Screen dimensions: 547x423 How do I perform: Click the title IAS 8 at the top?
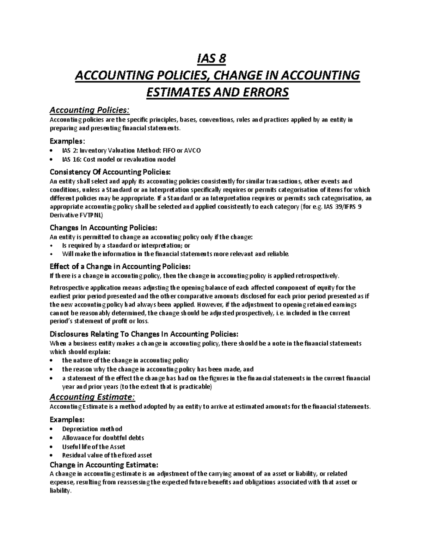(211, 58)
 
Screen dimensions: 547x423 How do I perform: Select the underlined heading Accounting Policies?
(90, 110)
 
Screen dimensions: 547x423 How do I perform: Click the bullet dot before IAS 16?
(52, 160)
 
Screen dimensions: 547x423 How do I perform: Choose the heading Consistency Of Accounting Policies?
(110, 172)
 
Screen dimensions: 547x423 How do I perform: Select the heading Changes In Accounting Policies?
(103, 228)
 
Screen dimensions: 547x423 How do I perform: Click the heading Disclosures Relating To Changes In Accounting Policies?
(144, 334)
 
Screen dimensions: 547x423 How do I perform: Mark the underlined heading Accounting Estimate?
(92, 397)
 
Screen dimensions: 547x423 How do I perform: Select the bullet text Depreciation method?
(92, 429)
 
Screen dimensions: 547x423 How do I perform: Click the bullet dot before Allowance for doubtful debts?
(52, 438)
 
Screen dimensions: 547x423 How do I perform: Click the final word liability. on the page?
(60, 491)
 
